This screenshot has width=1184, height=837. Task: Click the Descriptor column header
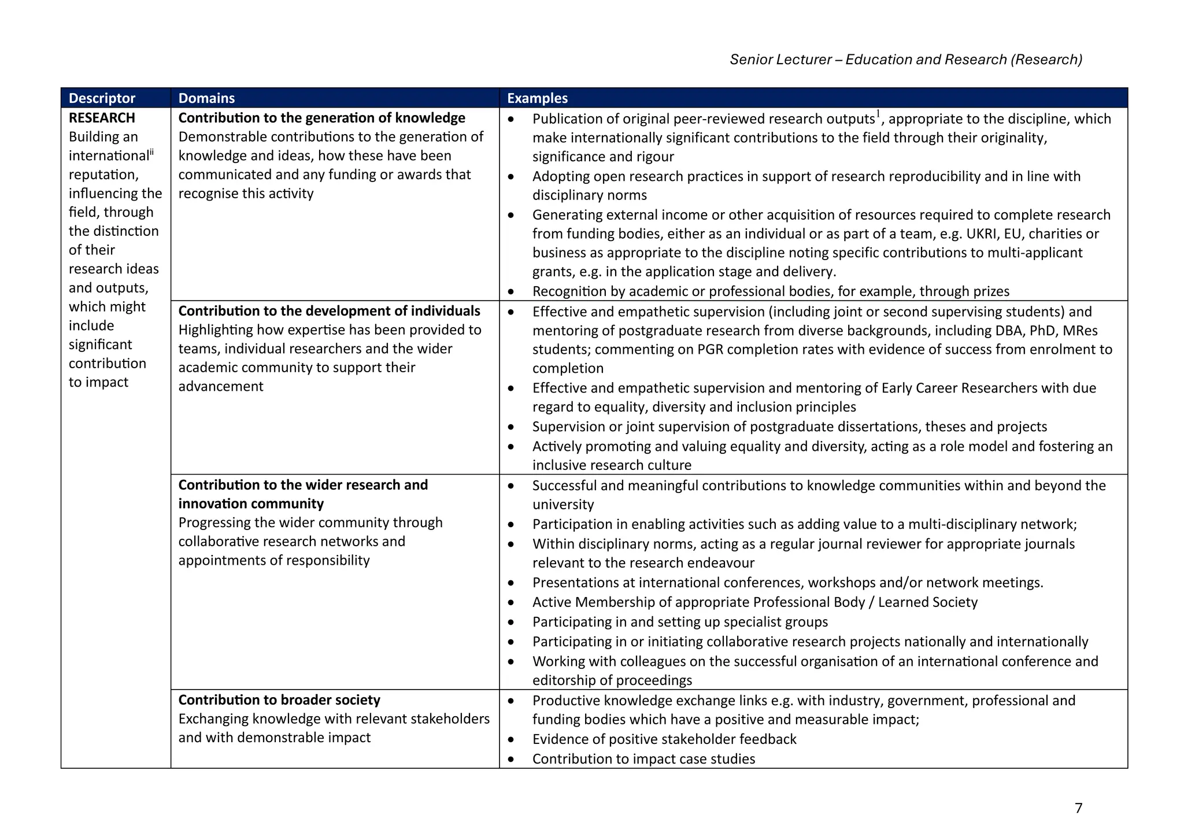point(102,98)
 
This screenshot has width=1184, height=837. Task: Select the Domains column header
point(206,98)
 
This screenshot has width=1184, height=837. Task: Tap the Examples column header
point(537,98)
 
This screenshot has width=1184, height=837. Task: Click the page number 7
point(1078,808)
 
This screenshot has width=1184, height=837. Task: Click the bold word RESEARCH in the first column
point(102,118)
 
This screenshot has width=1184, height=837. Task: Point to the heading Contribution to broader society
point(279,700)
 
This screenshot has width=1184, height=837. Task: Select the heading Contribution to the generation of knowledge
point(321,118)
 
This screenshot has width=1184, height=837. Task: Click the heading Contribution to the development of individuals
point(329,311)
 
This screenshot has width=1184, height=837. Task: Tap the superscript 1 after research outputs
point(878,113)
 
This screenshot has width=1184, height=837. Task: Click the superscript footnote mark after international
point(152,152)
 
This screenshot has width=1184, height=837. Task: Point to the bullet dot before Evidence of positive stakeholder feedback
point(511,739)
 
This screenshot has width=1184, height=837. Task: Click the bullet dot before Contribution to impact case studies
point(511,759)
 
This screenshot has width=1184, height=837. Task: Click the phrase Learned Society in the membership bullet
point(927,602)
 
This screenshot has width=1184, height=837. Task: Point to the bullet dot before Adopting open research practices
point(511,176)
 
